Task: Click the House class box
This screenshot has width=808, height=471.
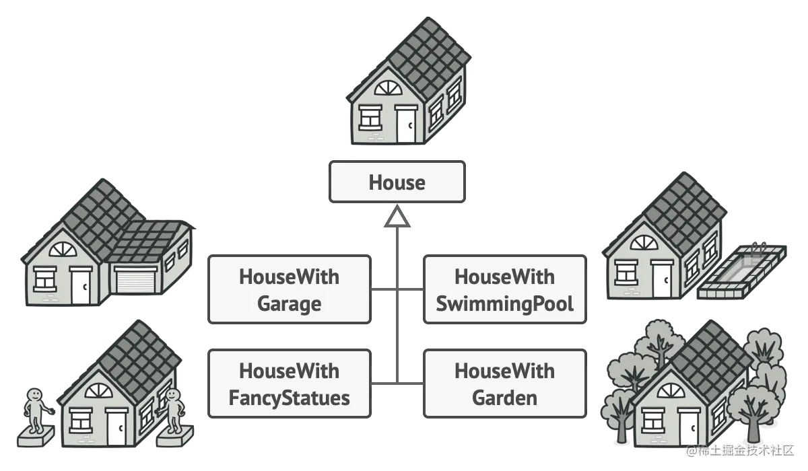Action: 397,182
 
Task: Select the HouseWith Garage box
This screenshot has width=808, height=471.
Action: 290,290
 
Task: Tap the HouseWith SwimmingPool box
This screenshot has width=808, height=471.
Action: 504,290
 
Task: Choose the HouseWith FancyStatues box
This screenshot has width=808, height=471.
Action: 290,384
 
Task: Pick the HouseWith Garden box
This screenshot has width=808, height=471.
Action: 504,384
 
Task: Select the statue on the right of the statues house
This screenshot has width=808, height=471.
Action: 174,411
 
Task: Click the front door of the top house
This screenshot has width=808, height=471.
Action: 406,124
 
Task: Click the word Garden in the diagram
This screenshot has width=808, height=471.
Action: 504,398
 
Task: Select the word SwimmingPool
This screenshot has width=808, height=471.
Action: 504,303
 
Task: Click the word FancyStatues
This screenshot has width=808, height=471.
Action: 290,398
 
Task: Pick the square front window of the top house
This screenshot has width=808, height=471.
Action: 370,117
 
